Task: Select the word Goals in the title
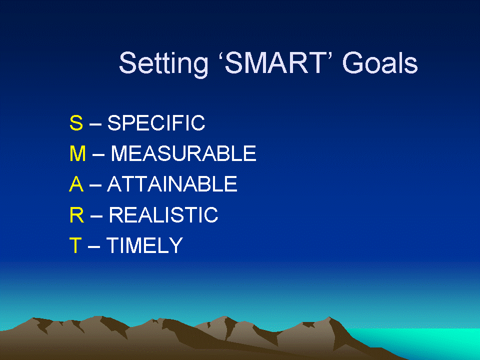[x=380, y=63]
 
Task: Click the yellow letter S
[x=76, y=123]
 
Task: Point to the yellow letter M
[x=77, y=153]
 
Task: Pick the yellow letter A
[x=76, y=184]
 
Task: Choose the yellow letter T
[x=75, y=245]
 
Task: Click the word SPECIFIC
[x=156, y=123]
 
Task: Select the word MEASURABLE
[x=183, y=153]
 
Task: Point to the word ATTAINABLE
[x=172, y=184]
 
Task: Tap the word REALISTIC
[x=163, y=214]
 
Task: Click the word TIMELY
[x=144, y=245]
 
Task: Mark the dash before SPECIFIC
[x=95, y=124]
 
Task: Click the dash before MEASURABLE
[x=98, y=155]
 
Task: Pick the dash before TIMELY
[x=94, y=247]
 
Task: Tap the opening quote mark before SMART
[x=220, y=56]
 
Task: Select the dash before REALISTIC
[x=96, y=216]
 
